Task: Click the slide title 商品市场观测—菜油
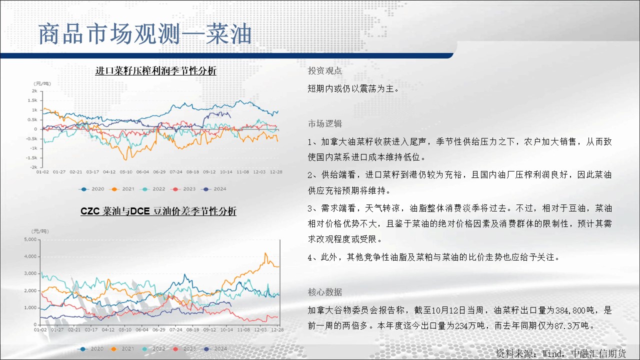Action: [x=145, y=34]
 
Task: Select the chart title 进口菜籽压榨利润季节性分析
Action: [x=155, y=70]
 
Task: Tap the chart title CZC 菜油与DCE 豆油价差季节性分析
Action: [x=158, y=211]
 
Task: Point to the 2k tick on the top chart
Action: [x=34, y=91]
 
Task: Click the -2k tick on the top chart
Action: [x=33, y=167]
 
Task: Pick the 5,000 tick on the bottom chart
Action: [x=30, y=239]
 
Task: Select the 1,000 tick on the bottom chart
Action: [x=30, y=307]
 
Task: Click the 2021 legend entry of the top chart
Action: [x=122, y=189]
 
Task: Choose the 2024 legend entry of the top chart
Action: [x=213, y=189]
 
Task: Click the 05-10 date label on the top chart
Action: [x=126, y=172]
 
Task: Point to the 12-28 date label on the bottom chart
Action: [x=277, y=329]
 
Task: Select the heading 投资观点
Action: [x=325, y=71]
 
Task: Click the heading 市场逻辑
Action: [x=325, y=123]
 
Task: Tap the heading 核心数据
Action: [x=325, y=292]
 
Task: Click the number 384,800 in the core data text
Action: [x=570, y=310]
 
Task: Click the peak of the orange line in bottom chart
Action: [x=265, y=253]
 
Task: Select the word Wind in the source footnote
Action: [x=552, y=353]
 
